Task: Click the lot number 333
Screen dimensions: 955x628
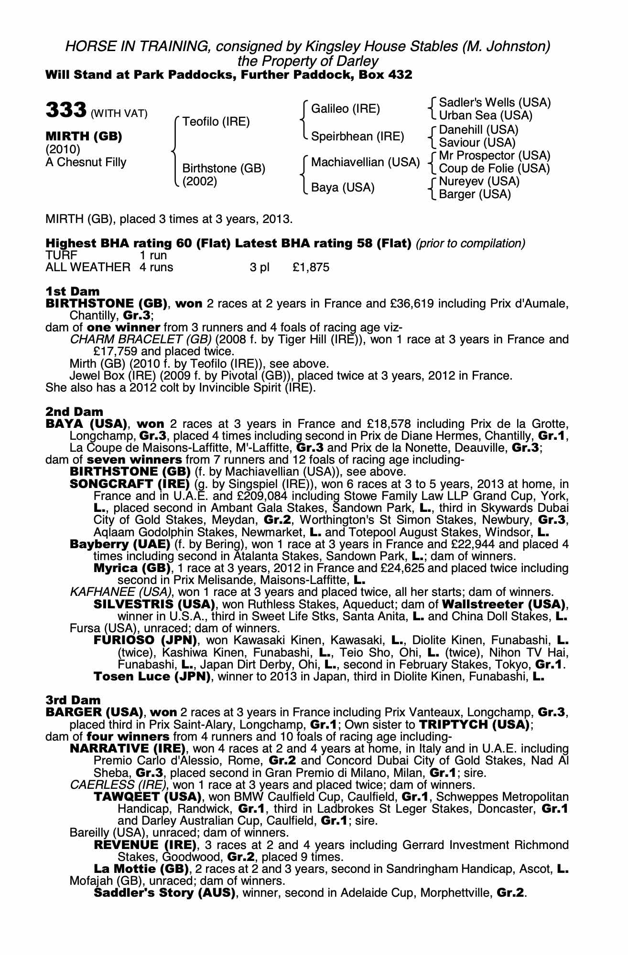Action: [66, 110]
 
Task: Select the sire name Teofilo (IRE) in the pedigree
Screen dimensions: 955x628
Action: [216, 122]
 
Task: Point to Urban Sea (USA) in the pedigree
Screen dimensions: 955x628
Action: [486, 116]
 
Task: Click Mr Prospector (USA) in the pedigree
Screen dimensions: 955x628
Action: [495, 156]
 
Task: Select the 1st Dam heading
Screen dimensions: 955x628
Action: [73, 291]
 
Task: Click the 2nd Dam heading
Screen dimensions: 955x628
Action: [74, 412]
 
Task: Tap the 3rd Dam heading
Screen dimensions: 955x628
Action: [73, 700]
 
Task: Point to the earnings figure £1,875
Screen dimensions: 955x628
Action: [311, 267]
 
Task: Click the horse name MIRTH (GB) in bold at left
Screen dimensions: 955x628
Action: [84, 137]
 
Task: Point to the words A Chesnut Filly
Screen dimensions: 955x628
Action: [86, 162]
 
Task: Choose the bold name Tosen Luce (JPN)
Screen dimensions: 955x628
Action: [152, 676]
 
